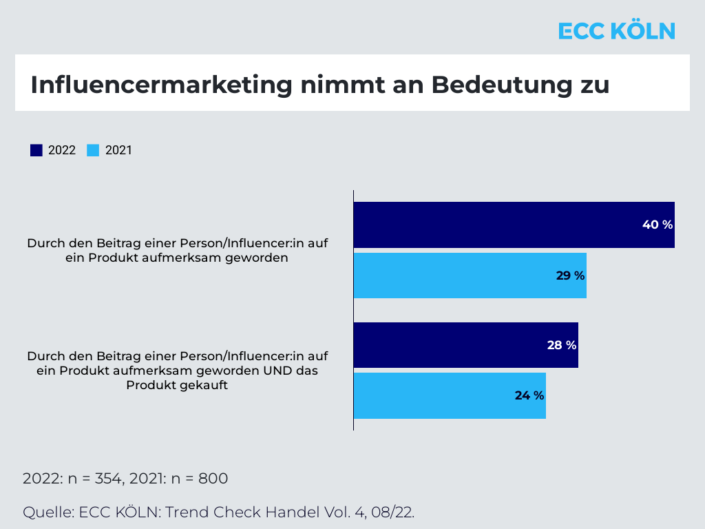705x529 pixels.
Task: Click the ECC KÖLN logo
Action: pyautogui.click(x=616, y=31)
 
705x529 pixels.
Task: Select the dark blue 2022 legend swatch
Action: pyautogui.click(x=36, y=150)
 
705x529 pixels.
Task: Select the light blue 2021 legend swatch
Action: pyautogui.click(x=93, y=150)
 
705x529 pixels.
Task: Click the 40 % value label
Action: pyautogui.click(x=657, y=225)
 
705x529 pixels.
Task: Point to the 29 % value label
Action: pyautogui.click(x=570, y=276)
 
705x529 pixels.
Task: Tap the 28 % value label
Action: pyautogui.click(x=561, y=345)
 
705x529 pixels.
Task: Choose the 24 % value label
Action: pyautogui.click(x=529, y=395)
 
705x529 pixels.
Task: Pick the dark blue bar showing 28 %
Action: pyautogui.click(x=448, y=345)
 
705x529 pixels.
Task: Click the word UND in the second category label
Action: pyautogui.click(x=273, y=371)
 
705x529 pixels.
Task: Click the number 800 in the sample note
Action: pyautogui.click(x=213, y=479)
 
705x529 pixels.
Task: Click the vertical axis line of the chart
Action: pyautogui.click(x=353, y=310)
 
